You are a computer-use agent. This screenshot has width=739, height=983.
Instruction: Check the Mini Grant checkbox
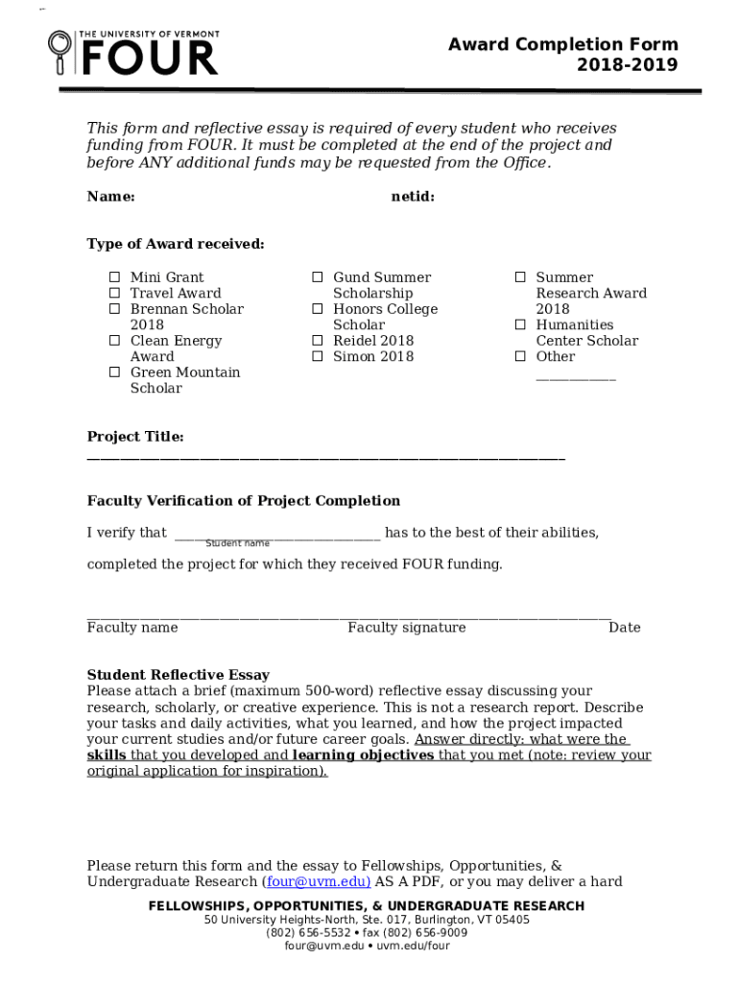point(113,277)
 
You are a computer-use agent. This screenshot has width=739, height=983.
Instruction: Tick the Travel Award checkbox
point(113,294)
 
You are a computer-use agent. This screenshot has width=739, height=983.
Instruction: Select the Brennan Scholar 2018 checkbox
point(113,309)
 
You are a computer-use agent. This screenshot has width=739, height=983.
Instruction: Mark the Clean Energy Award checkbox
point(113,341)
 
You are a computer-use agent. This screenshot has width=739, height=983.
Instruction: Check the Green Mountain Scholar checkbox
point(113,372)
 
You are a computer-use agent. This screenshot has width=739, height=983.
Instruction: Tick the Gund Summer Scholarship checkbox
point(317,277)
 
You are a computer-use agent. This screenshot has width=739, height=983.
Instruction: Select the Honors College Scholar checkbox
point(317,309)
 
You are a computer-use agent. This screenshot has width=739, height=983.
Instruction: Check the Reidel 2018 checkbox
point(317,341)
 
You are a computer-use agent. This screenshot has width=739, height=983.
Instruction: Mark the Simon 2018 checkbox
point(317,356)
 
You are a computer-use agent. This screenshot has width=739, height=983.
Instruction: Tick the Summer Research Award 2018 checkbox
point(519,277)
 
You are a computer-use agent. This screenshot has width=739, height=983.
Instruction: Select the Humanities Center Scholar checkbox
point(519,325)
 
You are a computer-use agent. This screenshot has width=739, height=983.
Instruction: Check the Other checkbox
point(519,356)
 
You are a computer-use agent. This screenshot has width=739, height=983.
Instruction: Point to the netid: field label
point(413,197)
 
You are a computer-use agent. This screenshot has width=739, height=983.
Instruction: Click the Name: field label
point(110,197)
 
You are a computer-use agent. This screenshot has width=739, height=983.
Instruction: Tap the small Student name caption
point(237,543)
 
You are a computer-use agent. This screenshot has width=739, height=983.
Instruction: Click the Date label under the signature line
point(624,628)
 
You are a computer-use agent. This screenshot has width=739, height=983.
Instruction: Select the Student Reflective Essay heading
point(179,675)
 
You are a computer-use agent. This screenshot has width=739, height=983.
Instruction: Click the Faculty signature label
point(406,628)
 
